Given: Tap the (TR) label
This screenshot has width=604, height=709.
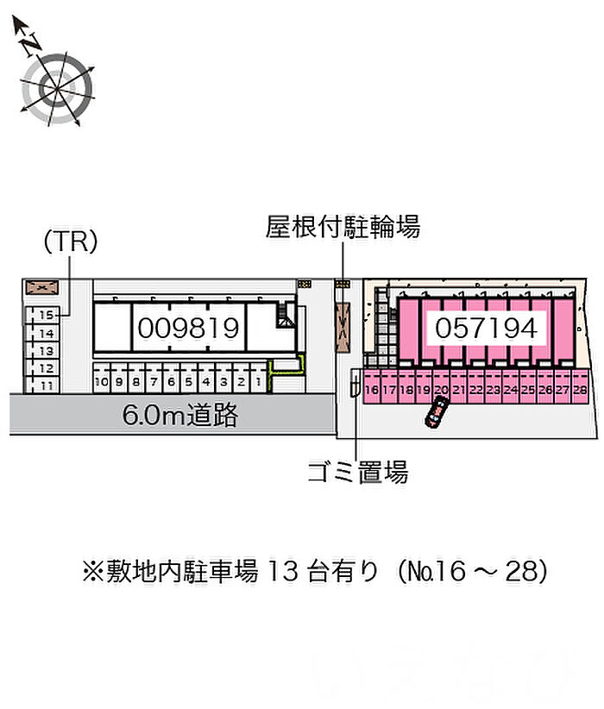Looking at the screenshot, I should point(70,242).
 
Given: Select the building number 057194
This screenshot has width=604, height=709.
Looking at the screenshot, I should point(487,327).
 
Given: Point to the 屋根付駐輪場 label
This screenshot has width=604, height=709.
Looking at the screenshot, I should point(343,228).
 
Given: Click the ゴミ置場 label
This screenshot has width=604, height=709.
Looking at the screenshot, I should point(357,471).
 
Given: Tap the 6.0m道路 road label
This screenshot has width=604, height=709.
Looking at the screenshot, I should point(179,417).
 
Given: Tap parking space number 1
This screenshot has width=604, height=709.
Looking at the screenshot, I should point(258,380).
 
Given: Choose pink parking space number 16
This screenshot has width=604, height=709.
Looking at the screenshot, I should point(372,390).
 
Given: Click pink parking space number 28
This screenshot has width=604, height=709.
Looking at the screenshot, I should point(580,390).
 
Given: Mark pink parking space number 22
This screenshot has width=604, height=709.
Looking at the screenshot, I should point(475,390).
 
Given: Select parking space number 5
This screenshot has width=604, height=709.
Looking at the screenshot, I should point(187,380).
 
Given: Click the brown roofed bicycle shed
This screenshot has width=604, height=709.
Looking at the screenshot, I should point(343,327).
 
